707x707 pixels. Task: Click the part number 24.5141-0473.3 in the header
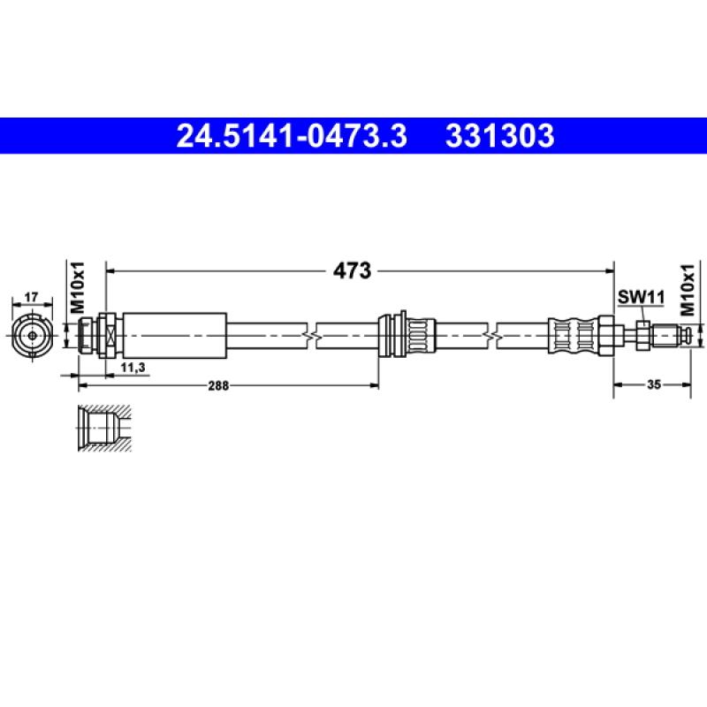[x=292, y=136]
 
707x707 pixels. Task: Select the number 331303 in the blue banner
[x=500, y=136]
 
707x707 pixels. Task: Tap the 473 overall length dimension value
[x=353, y=271]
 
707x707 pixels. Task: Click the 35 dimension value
[x=653, y=385]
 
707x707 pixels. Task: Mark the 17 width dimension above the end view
[x=30, y=296]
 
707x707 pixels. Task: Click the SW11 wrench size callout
[x=640, y=299]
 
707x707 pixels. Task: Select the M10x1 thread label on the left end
[x=77, y=286]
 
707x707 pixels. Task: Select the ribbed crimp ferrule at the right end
[x=573, y=335]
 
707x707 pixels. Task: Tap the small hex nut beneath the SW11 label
[x=642, y=335]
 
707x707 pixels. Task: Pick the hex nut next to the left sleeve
[x=107, y=335]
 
